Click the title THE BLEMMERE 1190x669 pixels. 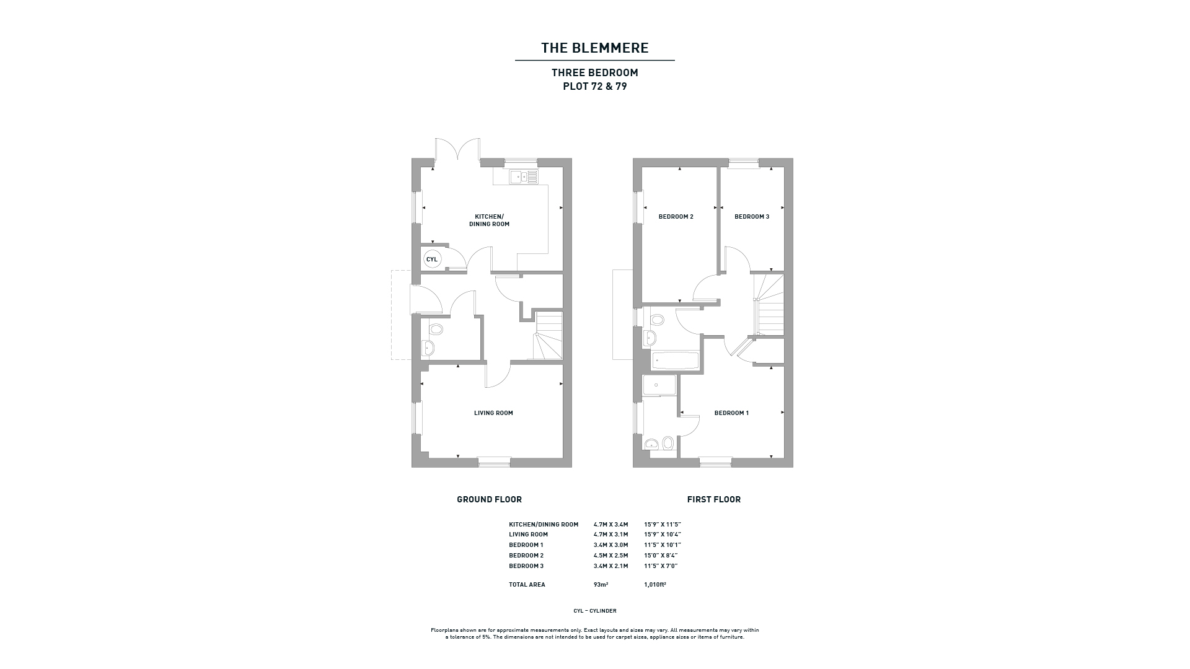point(595,48)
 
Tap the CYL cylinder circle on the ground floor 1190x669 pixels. point(432,260)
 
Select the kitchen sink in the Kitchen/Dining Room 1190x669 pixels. point(524,177)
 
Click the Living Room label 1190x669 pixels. point(493,413)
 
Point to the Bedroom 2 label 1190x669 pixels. point(676,217)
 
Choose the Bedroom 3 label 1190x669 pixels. point(752,217)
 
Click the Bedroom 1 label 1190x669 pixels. point(731,413)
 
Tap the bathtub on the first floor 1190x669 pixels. point(675,361)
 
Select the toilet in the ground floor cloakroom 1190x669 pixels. point(436,329)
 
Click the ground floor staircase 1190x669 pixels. point(549,335)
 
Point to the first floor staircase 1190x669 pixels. point(769,305)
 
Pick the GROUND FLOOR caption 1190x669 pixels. point(489,499)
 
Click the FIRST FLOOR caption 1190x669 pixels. point(714,499)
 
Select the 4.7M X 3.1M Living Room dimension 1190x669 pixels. point(610,535)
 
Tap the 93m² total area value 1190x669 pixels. point(601,585)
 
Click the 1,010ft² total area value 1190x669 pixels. point(655,585)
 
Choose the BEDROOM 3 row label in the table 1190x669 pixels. point(526,566)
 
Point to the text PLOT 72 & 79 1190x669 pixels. point(595,87)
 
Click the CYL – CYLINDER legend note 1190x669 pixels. point(595,611)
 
